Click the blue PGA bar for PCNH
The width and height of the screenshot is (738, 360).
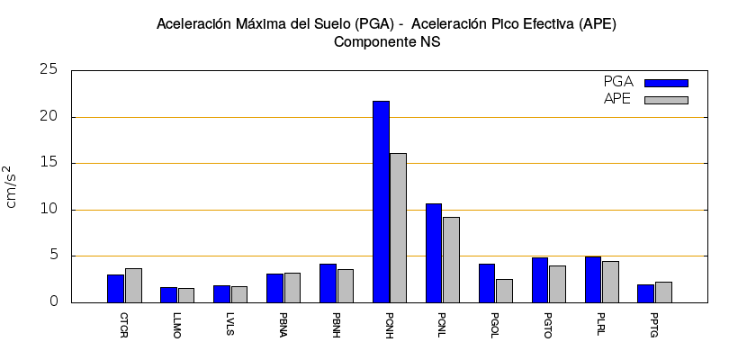pyautogui.click(x=382, y=202)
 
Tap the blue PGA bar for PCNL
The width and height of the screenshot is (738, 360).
pyautogui.click(x=434, y=253)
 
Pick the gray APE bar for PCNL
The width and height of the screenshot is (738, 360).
pyautogui.click(x=451, y=259)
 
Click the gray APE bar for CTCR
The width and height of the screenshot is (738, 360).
pyautogui.click(x=133, y=285)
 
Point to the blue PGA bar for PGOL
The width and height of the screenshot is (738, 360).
pyautogui.click(x=487, y=283)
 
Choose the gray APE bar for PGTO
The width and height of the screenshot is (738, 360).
pyautogui.click(x=557, y=283)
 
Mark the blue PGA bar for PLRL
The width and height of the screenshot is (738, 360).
pyautogui.click(x=593, y=279)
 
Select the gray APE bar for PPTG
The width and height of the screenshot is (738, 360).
pyautogui.click(x=663, y=292)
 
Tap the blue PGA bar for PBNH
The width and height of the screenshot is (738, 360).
pyautogui.click(x=328, y=283)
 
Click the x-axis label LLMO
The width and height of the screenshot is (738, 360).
pyautogui.click(x=176, y=324)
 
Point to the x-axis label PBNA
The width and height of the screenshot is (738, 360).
pyautogui.click(x=283, y=324)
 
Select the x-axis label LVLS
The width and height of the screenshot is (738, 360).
pyautogui.click(x=229, y=324)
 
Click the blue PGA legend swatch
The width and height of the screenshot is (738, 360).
pyautogui.click(x=666, y=83)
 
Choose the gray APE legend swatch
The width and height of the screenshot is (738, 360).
pyautogui.click(x=666, y=100)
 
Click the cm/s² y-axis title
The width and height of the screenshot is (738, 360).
pyautogui.click(x=12, y=186)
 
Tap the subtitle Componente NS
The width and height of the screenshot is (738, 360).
pyautogui.click(x=387, y=41)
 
